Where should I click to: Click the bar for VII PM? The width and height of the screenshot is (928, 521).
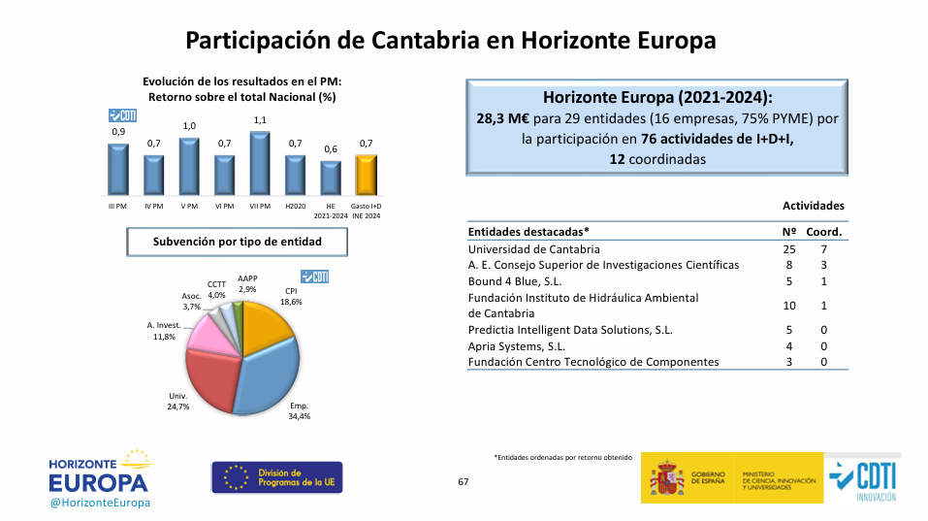pos(260,164)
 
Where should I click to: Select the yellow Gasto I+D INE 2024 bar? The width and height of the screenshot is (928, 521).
pos(366,175)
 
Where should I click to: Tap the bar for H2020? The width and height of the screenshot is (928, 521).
pos(295,175)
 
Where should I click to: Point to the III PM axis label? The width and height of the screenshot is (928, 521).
pos(118,206)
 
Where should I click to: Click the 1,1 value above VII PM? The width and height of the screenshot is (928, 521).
pos(260,120)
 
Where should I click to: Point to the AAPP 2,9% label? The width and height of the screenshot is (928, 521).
pos(247,284)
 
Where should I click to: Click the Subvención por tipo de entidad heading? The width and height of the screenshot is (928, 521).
pos(223,241)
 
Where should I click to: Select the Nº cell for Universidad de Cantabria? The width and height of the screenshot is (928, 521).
pos(788,249)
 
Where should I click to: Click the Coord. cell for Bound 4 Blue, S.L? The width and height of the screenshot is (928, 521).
pos(824,281)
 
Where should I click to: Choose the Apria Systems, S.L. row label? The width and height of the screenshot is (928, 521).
pos(516,345)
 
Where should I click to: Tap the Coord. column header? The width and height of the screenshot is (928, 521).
pos(824,232)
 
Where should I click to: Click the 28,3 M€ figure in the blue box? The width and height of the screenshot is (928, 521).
pos(499,118)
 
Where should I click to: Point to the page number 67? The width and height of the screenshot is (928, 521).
pos(464,482)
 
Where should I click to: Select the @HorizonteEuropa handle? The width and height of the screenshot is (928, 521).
pos(99,504)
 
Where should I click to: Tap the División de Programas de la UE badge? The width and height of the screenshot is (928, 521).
pos(276,476)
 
